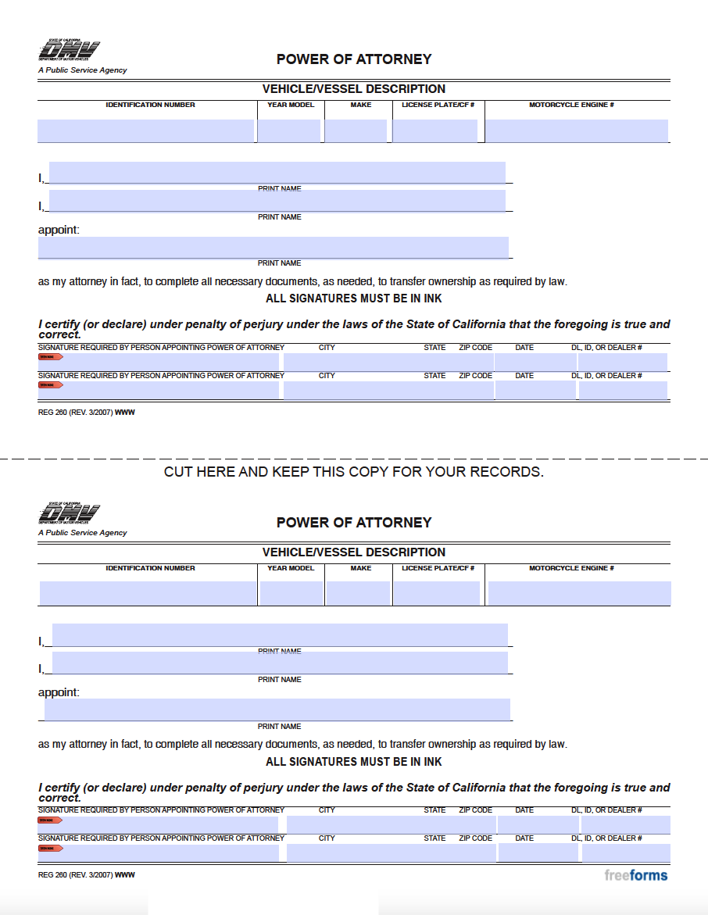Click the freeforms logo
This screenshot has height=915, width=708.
tap(635, 875)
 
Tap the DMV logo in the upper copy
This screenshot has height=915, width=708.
tap(69, 52)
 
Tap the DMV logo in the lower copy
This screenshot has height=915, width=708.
tap(69, 515)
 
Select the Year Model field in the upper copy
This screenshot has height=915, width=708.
tap(289, 131)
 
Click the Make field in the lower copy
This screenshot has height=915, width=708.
tap(357, 594)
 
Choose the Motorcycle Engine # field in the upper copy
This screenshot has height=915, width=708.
tap(577, 131)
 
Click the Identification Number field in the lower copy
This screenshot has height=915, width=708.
tap(148, 594)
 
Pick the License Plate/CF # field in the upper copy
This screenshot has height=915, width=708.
tap(435, 131)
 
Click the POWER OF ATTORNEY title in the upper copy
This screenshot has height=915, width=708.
tap(354, 59)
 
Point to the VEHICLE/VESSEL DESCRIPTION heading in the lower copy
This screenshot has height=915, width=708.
tap(354, 552)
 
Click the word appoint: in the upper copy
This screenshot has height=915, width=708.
tap(59, 230)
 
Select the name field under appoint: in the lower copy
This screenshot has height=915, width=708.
tap(277, 709)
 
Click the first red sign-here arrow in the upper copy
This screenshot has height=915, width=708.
tap(50, 357)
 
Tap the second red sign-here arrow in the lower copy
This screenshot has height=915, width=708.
tap(50, 848)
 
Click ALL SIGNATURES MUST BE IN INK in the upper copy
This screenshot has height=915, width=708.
tap(354, 298)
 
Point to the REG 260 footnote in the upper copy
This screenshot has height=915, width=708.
tap(86, 413)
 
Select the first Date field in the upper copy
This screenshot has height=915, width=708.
tap(535, 362)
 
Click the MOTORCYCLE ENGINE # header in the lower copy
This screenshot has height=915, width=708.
tap(571, 568)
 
